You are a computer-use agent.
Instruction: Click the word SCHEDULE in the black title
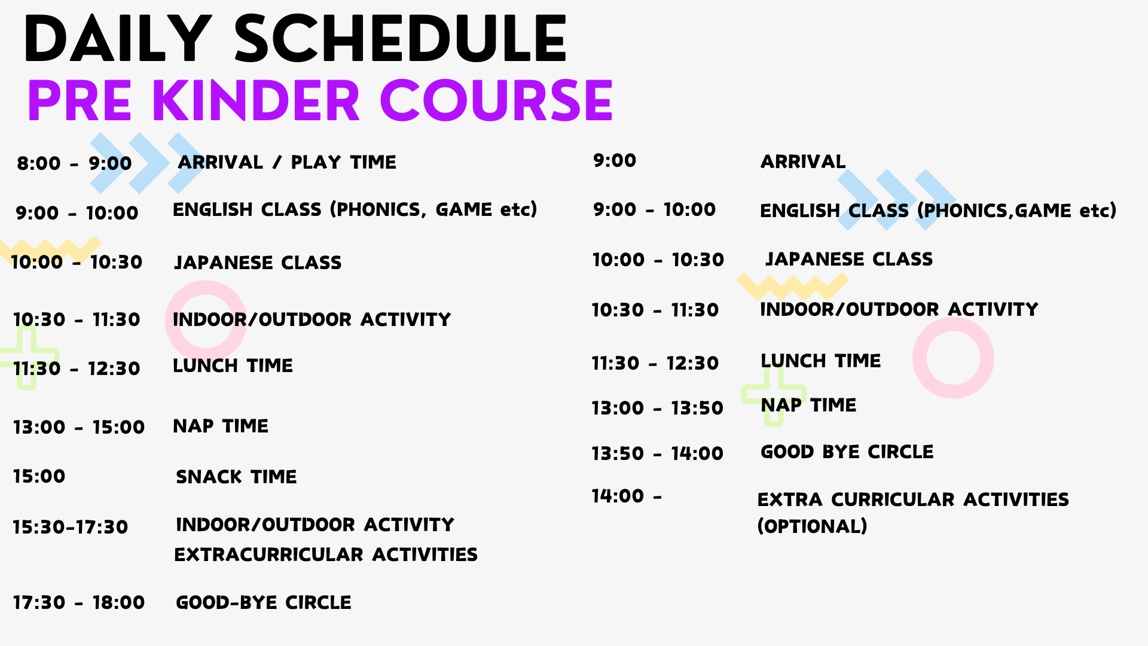click(x=400, y=39)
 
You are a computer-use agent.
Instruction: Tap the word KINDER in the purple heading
click(x=256, y=100)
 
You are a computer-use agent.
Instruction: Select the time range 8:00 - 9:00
click(x=74, y=163)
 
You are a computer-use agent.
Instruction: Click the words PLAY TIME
click(x=343, y=162)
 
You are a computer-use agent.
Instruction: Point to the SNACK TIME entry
click(x=236, y=477)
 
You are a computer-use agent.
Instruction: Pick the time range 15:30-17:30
click(x=71, y=527)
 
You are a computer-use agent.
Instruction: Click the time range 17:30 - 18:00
click(x=79, y=602)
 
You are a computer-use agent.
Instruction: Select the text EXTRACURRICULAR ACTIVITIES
click(x=326, y=554)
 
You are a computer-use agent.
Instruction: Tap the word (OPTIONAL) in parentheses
click(x=812, y=526)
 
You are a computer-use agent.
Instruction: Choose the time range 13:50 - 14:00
click(x=658, y=453)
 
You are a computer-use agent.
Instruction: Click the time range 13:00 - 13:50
click(x=658, y=408)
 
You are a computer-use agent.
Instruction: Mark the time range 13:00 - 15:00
click(x=79, y=427)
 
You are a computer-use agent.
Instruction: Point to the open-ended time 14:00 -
click(x=627, y=496)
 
